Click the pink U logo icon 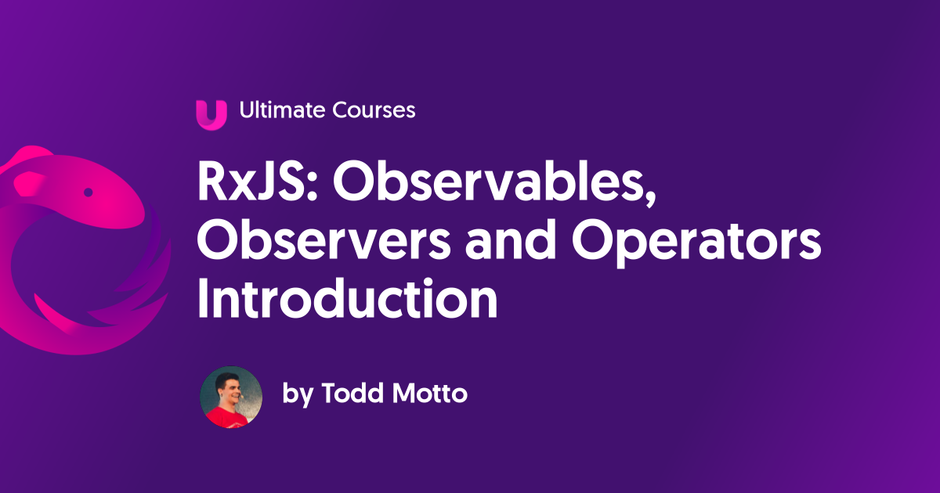click(x=211, y=115)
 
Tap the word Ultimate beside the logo click(x=283, y=110)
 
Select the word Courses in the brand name click(x=374, y=110)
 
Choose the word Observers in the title click(x=324, y=241)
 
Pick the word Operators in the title click(x=696, y=243)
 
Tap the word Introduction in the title click(x=348, y=298)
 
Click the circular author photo click(x=231, y=397)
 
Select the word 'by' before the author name click(x=298, y=394)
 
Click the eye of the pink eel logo click(x=88, y=193)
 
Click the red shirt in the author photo click(x=226, y=417)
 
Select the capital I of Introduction click(x=203, y=298)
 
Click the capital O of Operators click(x=593, y=241)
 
